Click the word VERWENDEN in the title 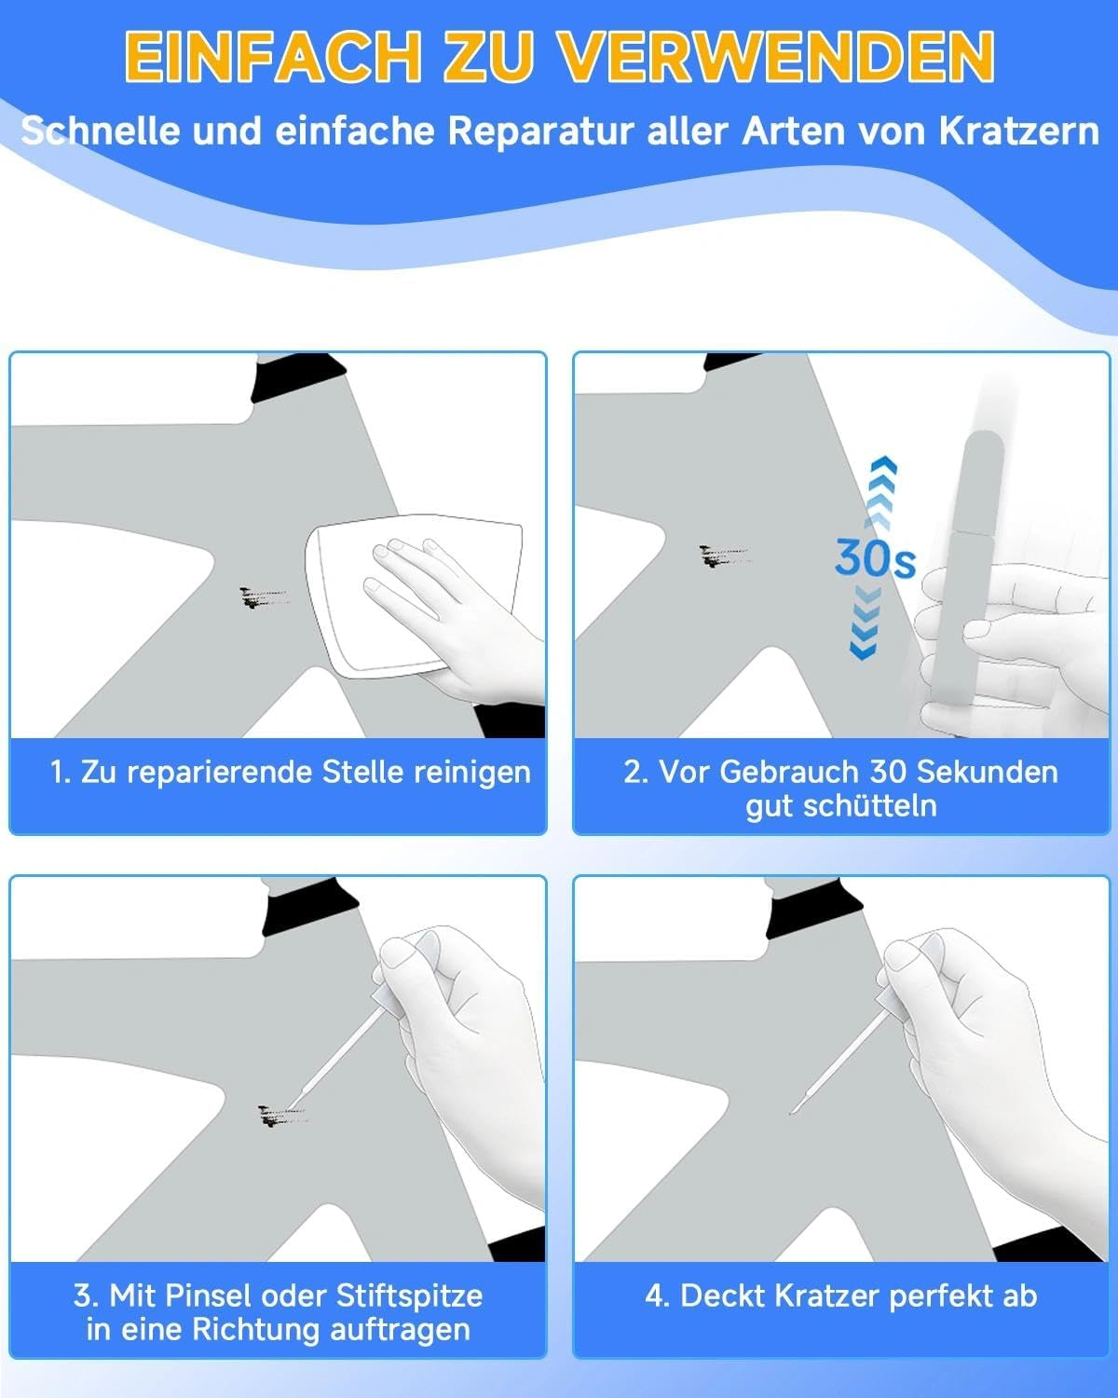tap(777, 57)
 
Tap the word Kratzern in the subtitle tap(1018, 131)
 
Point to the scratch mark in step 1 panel tap(263, 597)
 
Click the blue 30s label tap(875, 558)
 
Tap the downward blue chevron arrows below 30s tap(866, 623)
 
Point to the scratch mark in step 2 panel tap(723, 556)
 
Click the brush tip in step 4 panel tap(792, 1113)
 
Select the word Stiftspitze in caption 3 tap(409, 1295)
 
